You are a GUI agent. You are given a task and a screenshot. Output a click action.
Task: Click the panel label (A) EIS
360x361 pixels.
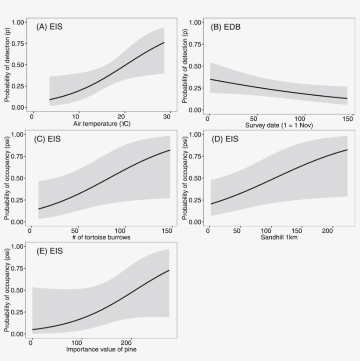point(49,27)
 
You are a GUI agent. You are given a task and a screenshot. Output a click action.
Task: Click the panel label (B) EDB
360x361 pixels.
point(226,27)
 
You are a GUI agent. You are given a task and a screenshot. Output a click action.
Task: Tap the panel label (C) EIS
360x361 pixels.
point(47,140)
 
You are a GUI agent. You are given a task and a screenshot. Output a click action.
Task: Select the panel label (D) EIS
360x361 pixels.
point(225,140)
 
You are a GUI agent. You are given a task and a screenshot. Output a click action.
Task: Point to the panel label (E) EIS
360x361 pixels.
point(49,252)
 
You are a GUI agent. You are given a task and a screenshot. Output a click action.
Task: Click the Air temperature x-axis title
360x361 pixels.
point(104,124)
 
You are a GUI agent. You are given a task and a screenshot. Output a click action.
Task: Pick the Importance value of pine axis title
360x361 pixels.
point(104,350)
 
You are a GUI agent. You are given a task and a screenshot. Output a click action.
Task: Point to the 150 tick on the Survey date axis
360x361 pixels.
point(347,119)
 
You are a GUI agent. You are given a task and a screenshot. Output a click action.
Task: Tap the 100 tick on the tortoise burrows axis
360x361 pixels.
point(123,231)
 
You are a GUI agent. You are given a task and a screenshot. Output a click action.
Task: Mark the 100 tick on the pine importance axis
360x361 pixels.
point(78,343)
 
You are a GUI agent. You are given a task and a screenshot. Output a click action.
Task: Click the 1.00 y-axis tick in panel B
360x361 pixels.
point(195,22)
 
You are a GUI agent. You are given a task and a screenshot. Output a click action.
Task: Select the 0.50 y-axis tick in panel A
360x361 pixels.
point(18,65)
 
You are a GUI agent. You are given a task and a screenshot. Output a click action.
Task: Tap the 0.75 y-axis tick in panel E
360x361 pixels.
point(18,269)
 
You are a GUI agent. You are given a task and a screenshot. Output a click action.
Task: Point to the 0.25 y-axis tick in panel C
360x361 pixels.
point(18,200)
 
